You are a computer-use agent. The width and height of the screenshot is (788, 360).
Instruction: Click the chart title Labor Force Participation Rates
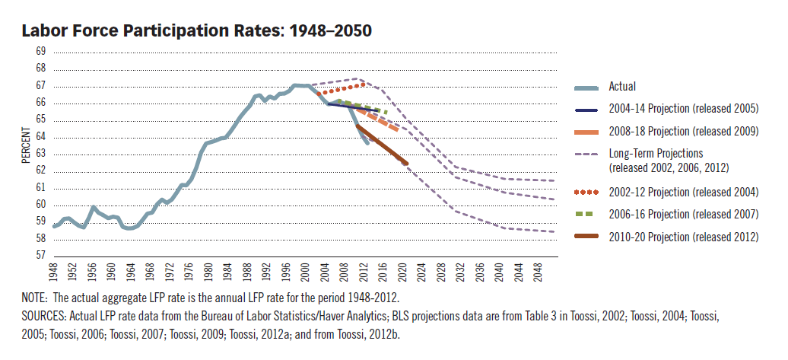[x=197, y=31]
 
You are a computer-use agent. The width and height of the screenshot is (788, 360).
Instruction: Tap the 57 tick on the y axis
[x=40, y=256]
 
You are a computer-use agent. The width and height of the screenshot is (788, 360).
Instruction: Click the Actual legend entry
[x=621, y=87]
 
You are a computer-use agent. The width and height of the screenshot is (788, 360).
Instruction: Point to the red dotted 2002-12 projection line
[x=342, y=89]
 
